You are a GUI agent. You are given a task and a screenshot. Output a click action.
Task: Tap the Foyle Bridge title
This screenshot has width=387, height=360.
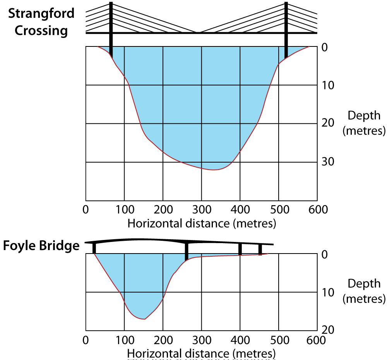tap(41, 246)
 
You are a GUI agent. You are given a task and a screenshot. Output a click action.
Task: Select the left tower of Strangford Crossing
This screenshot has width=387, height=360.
tap(111, 29)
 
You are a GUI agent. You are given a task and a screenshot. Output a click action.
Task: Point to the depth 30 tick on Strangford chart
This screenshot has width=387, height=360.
tap(328, 161)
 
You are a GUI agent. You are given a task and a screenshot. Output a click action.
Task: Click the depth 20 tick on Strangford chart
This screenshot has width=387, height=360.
tap(328, 123)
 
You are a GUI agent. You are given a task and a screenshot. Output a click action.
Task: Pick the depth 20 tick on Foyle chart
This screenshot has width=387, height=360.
tap(328, 330)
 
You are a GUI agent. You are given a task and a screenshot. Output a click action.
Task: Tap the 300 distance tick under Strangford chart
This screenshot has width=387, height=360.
tap(201, 210)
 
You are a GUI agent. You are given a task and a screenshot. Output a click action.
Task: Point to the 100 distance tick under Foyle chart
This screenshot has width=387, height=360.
tap(124, 340)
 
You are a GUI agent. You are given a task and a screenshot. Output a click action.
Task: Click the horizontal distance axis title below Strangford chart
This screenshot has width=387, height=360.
tap(202, 223)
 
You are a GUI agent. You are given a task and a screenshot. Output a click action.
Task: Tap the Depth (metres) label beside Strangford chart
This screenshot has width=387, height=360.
tap(364, 123)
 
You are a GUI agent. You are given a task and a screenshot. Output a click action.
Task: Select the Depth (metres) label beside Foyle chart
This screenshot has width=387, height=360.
tap(364, 291)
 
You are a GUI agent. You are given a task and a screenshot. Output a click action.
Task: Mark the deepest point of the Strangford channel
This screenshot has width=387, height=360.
tap(213, 170)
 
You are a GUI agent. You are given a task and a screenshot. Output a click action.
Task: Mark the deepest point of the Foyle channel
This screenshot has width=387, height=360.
tap(144, 319)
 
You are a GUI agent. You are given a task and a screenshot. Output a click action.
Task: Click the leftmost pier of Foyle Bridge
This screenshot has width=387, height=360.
tap(94, 248)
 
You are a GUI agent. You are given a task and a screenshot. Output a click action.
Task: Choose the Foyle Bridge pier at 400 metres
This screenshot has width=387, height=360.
tap(240, 249)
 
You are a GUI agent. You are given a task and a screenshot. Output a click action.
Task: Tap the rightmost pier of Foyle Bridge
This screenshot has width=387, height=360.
tap(260, 249)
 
